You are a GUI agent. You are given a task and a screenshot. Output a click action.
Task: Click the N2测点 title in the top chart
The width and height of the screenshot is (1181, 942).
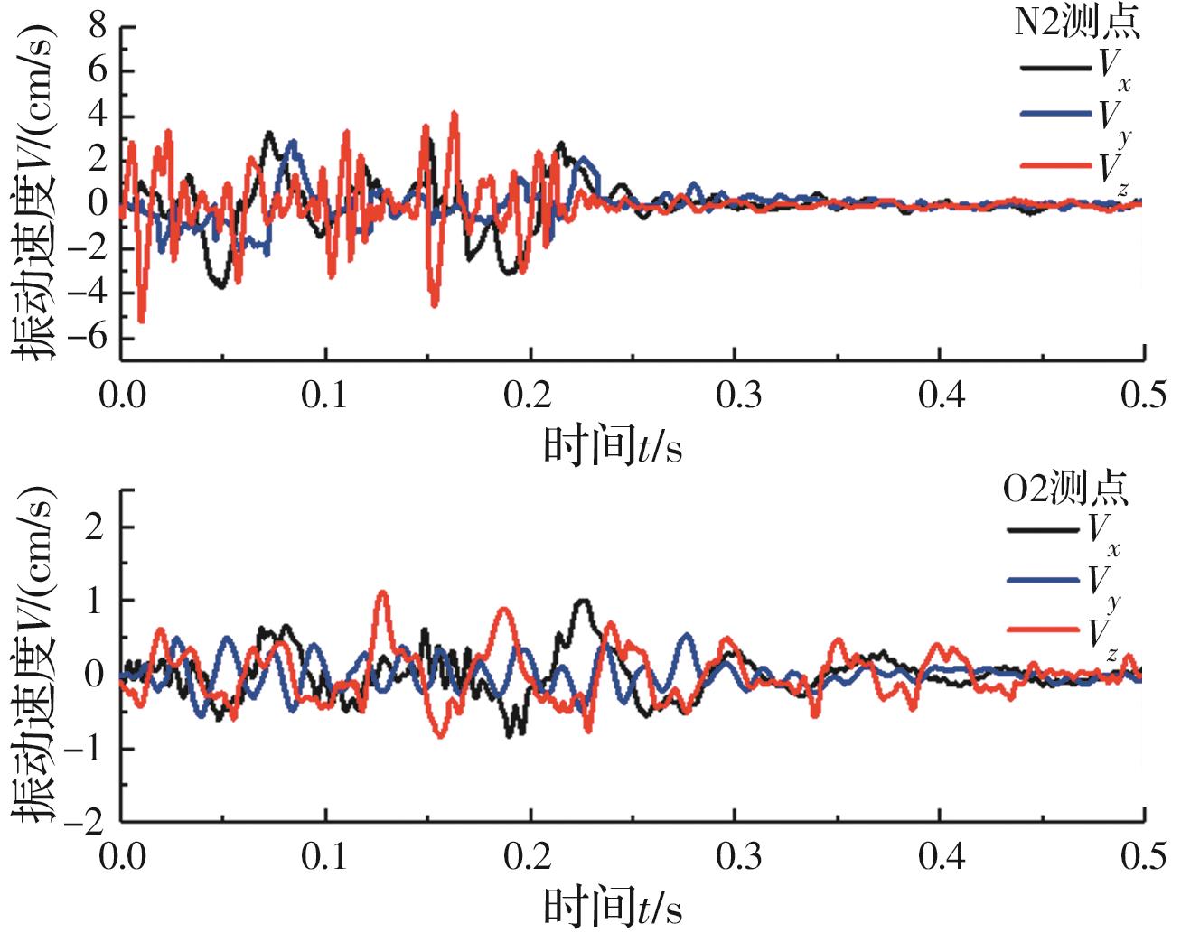pos(1075,24)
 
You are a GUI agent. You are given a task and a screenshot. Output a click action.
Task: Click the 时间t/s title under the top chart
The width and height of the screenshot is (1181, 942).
pos(612,445)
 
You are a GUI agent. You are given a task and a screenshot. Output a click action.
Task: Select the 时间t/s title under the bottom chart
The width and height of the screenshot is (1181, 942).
pos(612,907)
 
